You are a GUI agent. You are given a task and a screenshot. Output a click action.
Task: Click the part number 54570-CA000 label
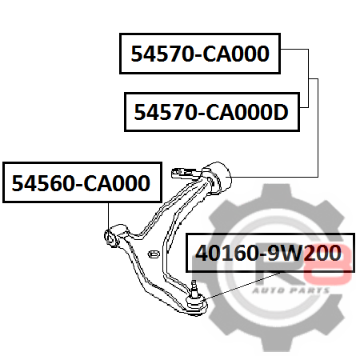coord(200,54)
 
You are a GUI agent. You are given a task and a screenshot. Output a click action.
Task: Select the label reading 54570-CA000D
coord(212,112)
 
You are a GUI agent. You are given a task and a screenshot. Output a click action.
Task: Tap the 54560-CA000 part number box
coord(82,182)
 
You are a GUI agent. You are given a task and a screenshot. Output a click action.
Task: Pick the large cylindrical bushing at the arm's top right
coord(217,178)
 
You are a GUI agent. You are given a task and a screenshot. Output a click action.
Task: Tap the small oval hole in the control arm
coord(154,254)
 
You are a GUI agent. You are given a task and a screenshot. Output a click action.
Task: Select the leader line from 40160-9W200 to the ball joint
coord(242,286)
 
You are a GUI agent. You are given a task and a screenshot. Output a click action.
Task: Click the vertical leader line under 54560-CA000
coord(108,216)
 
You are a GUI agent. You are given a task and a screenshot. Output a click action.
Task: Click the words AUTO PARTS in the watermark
coord(290,290)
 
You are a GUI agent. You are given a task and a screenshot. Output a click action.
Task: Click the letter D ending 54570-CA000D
coord(280,112)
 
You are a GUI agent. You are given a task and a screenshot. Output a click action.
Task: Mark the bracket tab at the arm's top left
coord(183,173)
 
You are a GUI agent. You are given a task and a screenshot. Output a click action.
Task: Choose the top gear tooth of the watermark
coord(276,192)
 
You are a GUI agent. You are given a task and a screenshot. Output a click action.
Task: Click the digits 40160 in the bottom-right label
coord(226,253)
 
